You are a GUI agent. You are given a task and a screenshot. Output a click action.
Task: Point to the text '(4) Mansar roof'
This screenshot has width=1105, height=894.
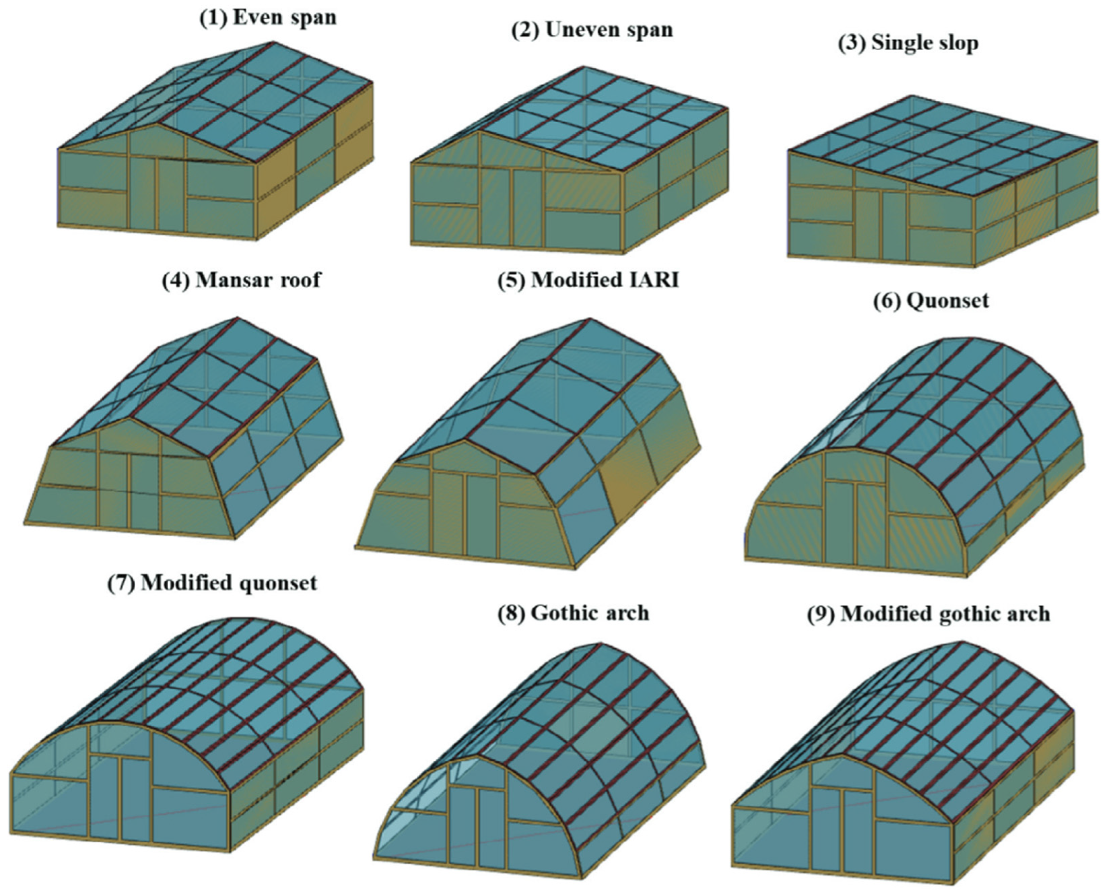click(241, 280)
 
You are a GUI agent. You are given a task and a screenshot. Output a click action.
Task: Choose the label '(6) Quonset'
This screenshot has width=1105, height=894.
click(931, 301)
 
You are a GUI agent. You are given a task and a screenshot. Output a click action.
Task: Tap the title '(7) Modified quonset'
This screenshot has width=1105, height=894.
click(212, 582)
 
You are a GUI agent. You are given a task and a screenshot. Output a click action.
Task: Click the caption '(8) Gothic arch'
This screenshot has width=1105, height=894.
click(573, 613)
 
